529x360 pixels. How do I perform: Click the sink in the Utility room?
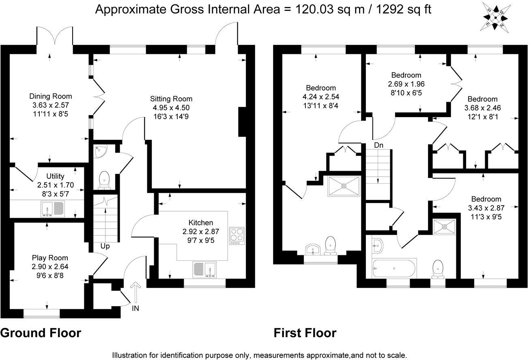click(53, 209)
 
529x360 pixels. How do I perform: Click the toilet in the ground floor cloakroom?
click(105, 180)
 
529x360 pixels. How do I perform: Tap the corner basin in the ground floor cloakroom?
click(99, 151)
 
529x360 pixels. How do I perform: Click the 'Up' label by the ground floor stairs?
click(105, 246)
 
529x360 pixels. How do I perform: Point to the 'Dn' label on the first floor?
click(378, 145)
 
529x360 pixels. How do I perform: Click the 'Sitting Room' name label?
click(171, 99)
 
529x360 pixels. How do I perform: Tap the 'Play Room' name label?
click(50, 258)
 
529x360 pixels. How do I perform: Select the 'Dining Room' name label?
click(50, 96)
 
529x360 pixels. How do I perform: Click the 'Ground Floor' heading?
click(41, 333)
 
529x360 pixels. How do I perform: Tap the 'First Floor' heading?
click(305, 333)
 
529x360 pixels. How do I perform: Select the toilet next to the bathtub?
click(438, 268)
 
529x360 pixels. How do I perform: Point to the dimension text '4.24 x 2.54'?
click(321, 96)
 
